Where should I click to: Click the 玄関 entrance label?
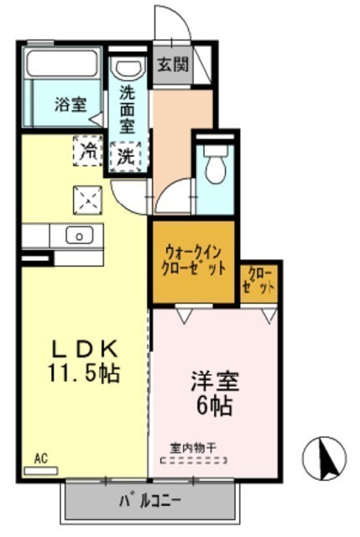[x=173, y=65]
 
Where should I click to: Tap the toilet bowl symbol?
[x=216, y=164]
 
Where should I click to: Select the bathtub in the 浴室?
[x=62, y=63]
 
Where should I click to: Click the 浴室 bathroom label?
[x=70, y=104]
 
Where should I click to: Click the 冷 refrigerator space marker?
[x=87, y=151]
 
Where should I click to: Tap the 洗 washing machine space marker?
[x=126, y=157]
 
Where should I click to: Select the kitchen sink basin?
[x=80, y=235]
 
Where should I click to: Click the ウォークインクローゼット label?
[x=194, y=260]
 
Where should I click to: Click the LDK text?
[x=84, y=349]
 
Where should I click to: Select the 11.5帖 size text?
[x=84, y=373]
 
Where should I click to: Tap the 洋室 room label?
[x=215, y=381]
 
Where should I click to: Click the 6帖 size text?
[x=215, y=405]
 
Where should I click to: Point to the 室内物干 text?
[x=193, y=447]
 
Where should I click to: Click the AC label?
[x=41, y=459]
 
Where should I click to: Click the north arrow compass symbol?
[x=325, y=458]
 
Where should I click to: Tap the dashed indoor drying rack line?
[x=194, y=461]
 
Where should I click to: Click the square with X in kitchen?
[x=87, y=200]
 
